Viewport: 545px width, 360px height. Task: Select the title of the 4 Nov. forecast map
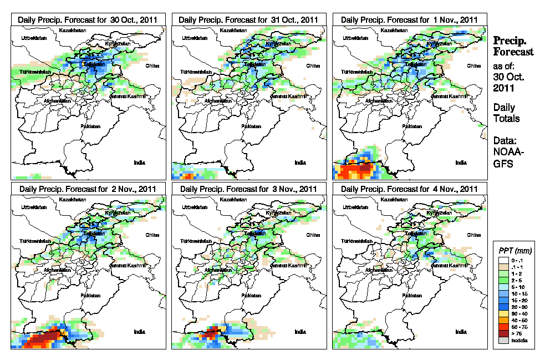(409, 189)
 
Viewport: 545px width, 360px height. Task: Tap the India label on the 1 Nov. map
(461, 163)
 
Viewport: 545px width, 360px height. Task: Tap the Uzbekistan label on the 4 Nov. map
(355, 207)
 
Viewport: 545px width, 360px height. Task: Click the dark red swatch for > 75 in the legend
(502, 333)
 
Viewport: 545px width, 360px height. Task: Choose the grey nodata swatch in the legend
(502, 340)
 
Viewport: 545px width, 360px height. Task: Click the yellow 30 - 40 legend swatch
(502, 313)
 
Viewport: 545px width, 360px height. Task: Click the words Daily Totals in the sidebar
(506, 113)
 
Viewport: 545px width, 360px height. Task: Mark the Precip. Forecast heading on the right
(513, 46)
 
